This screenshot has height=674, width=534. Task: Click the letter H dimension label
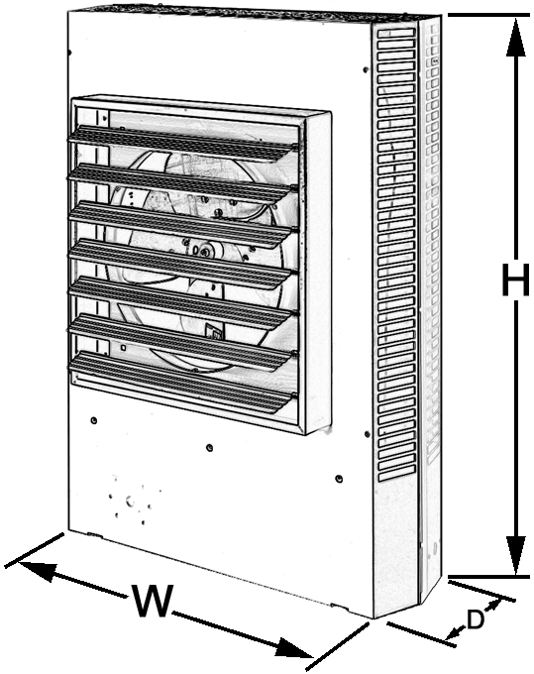(515, 280)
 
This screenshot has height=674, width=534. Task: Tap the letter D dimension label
(476, 619)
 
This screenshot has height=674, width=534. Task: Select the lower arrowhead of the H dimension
(515, 554)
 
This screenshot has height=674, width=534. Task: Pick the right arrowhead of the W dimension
(293, 647)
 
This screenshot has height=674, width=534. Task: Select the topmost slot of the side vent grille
(396, 33)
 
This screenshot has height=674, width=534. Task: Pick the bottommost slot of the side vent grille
(396, 477)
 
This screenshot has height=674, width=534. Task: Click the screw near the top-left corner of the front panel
(69, 53)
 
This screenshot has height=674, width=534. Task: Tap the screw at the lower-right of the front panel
(339, 478)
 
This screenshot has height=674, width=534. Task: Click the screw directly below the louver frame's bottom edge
(209, 447)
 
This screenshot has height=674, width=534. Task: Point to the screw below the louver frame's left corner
(94, 420)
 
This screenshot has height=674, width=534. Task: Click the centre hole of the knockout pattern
(130, 502)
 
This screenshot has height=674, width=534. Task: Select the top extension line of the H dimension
(488, 15)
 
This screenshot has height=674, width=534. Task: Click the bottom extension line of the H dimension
(488, 576)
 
